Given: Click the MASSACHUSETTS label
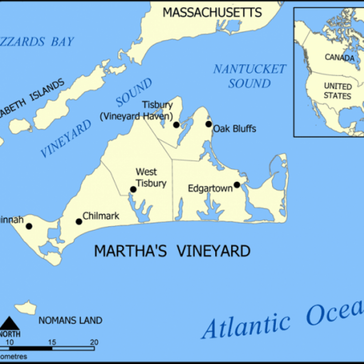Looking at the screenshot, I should (x=212, y=12).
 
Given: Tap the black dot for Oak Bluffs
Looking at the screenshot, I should (x=208, y=124).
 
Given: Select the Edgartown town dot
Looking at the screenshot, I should (x=237, y=185).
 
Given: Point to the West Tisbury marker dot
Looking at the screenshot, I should (x=133, y=189).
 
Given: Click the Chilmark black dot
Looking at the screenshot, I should (x=79, y=222).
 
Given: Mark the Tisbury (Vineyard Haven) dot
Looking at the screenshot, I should (x=176, y=124).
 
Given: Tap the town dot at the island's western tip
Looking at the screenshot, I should (x=29, y=226).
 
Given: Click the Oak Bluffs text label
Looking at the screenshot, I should (x=234, y=129).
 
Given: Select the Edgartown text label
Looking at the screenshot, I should (x=211, y=188).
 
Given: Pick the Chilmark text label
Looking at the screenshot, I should (x=101, y=216).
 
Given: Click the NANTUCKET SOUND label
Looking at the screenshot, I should (x=250, y=76).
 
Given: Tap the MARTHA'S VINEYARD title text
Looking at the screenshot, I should (x=172, y=251).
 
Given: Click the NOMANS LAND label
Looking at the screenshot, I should (x=70, y=320).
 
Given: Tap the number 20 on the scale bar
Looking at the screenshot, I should (x=94, y=342).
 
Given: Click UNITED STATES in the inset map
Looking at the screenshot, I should (x=337, y=91).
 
